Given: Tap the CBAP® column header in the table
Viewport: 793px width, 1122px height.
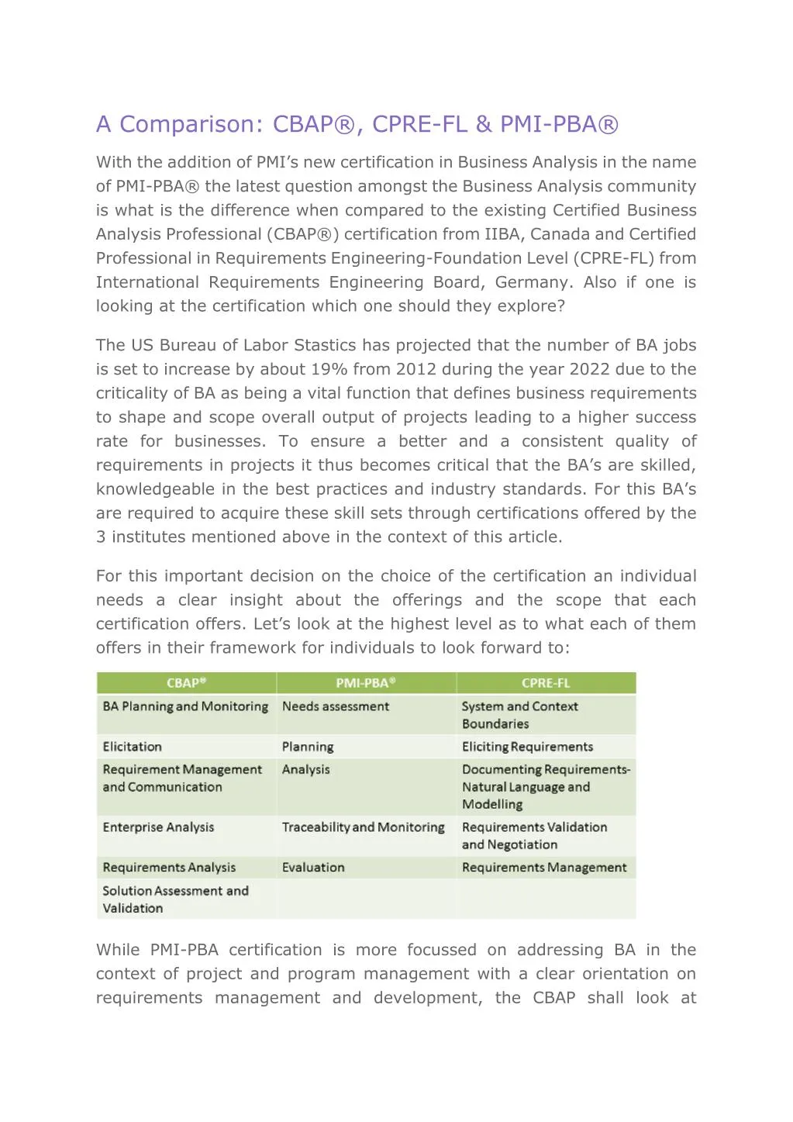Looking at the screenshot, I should [x=186, y=683].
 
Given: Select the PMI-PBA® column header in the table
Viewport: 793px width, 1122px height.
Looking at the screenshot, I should [x=366, y=683].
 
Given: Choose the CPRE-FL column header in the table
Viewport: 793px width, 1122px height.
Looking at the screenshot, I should [x=546, y=683].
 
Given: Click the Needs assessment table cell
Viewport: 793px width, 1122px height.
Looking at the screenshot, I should [x=336, y=706].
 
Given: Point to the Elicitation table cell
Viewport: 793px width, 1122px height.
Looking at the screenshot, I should [x=133, y=747].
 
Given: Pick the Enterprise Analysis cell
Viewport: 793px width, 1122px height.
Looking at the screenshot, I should [x=159, y=827].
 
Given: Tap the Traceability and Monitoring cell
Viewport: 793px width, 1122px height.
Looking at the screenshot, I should [x=363, y=827].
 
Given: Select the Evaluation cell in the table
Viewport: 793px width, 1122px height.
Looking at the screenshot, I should [x=313, y=868].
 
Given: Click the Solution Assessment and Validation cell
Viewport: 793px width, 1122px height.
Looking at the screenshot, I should [x=176, y=899].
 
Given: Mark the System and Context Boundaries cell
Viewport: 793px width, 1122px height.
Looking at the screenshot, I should [x=519, y=715].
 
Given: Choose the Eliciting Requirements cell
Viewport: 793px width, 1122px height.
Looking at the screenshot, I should [x=527, y=747].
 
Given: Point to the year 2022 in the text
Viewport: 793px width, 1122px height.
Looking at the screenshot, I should [x=589, y=369].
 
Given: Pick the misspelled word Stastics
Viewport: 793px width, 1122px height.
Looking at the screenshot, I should [x=320, y=345].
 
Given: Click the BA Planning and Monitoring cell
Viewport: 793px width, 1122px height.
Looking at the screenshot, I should [x=185, y=706].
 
